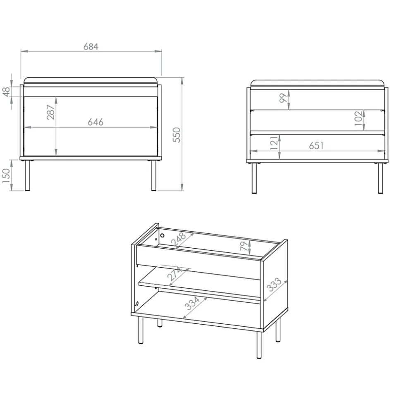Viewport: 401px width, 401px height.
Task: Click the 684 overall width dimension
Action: click(x=91, y=47)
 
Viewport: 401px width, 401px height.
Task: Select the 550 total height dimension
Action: click(x=177, y=135)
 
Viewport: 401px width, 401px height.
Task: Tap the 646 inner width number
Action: click(x=95, y=122)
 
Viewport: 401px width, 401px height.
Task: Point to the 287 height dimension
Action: click(x=51, y=112)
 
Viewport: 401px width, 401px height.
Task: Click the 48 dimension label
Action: click(x=6, y=92)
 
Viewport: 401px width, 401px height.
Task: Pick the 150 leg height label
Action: click(x=6, y=176)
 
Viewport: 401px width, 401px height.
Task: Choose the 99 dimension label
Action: click(x=283, y=98)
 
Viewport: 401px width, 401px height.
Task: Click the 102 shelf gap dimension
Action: click(x=358, y=118)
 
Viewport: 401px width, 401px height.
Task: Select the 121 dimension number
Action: click(x=274, y=143)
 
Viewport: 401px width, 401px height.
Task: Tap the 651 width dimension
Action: click(x=316, y=145)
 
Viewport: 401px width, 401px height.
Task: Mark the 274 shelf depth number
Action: click(x=174, y=273)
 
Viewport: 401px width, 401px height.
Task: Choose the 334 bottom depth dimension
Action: click(x=192, y=303)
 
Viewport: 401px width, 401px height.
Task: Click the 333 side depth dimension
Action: click(x=274, y=285)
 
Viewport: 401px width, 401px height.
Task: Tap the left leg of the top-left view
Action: click(x=27, y=176)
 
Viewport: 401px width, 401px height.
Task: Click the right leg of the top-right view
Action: click(x=380, y=178)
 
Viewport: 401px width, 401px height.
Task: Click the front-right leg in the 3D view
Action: click(x=259, y=345)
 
